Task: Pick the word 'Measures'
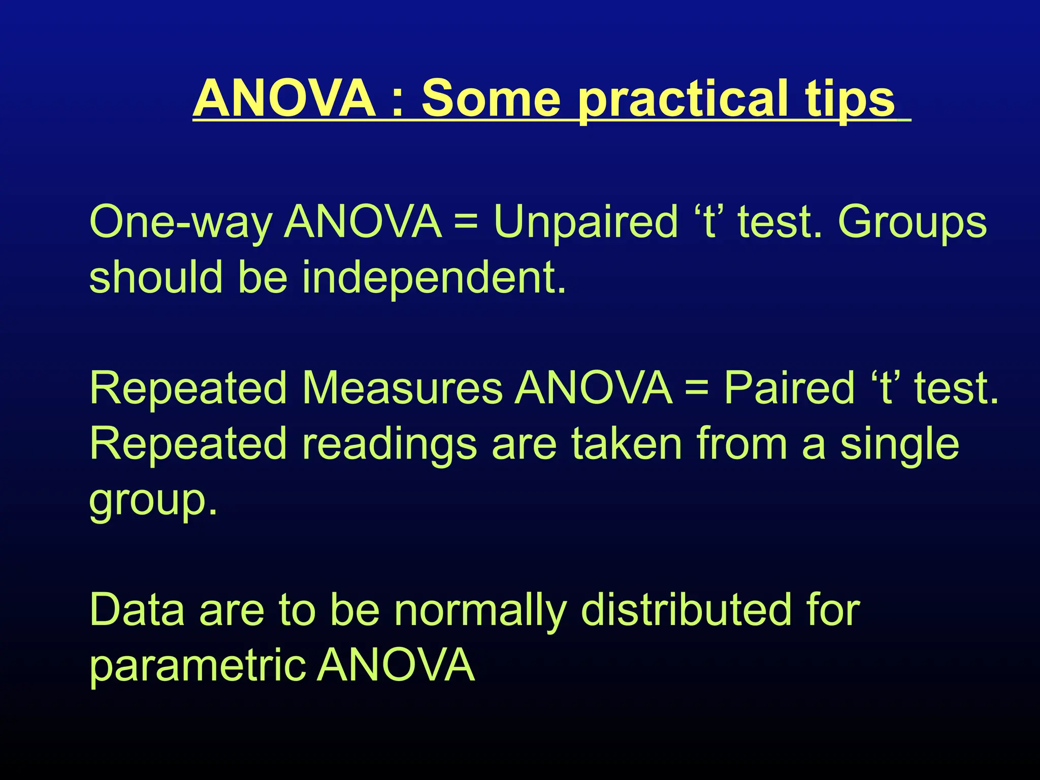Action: pyautogui.click(x=402, y=388)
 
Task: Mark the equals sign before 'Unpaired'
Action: pyautogui.click(x=467, y=223)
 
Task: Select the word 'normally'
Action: pyautogui.click(x=480, y=611)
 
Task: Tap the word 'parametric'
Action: pyautogui.click(x=198, y=666)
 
